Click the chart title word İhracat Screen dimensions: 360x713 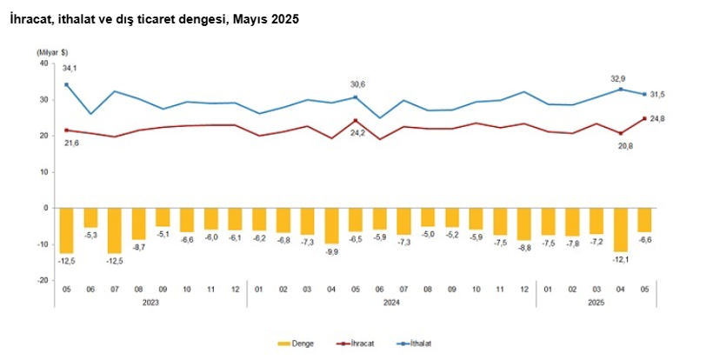[x=31, y=19]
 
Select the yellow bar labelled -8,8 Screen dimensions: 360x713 [x=523, y=223]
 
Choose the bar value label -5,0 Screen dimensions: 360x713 [x=427, y=233]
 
